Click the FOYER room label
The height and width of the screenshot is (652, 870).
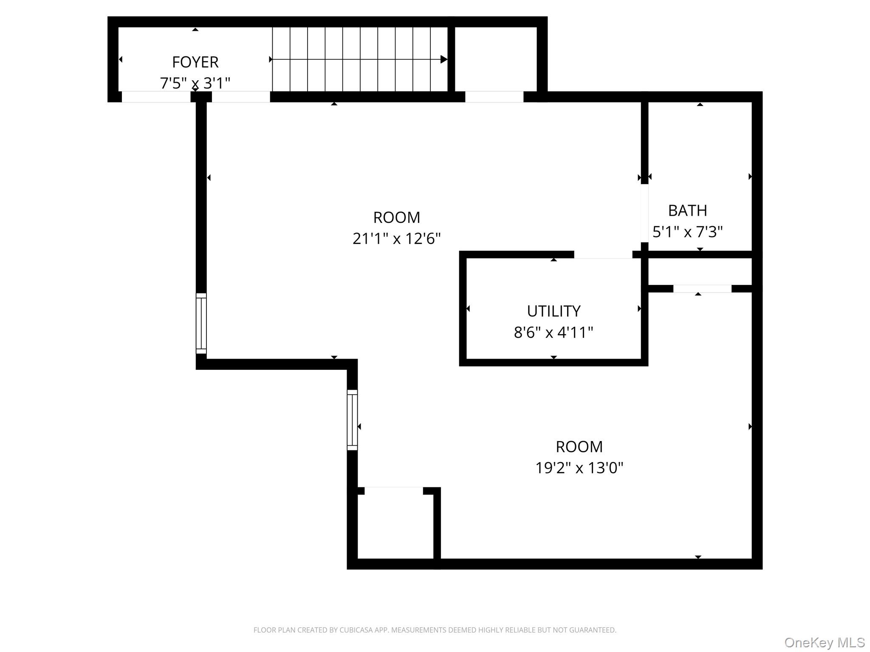click(x=195, y=62)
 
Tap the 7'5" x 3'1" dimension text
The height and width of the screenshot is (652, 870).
click(x=195, y=83)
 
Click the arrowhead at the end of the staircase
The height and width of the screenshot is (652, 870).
click(x=443, y=59)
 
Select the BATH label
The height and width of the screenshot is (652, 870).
click(x=687, y=211)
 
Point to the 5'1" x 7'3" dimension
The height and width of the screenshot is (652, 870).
click(x=687, y=232)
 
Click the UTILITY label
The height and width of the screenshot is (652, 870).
click(x=554, y=311)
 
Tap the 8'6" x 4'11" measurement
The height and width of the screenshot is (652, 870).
click(x=554, y=332)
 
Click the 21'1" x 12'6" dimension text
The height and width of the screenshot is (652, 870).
click(x=396, y=239)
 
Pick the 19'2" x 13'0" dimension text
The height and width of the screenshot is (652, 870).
click(x=579, y=468)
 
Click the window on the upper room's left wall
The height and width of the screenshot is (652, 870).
click(x=201, y=323)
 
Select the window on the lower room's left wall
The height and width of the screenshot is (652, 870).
click(x=352, y=420)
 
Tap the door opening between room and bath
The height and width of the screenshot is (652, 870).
click(x=644, y=213)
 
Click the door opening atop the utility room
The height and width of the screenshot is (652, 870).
click(x=603, y=255)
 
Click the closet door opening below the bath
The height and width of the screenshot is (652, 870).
click(x=702, y=289)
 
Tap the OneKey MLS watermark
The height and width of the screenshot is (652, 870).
click(x=824, y=643)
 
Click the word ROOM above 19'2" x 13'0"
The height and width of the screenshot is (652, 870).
click(x=579, y=447)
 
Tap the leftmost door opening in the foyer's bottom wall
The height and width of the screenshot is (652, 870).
click(x=156, y=97)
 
